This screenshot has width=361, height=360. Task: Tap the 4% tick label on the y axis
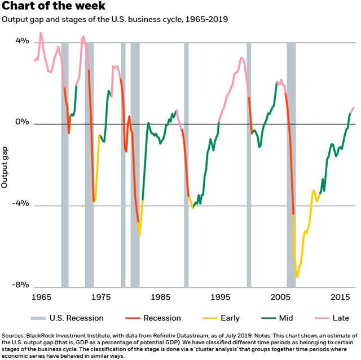point(22,42)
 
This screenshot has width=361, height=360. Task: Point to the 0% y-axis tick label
point(22,123)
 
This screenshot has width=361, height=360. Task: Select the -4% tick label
point(21,205)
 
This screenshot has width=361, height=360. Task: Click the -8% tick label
point(21,286)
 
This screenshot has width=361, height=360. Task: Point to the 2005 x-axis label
point(280,296)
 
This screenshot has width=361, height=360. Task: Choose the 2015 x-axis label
point(339,296)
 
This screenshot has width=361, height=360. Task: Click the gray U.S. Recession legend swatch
point(38,318)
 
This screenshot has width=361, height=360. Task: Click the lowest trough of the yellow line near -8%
point(297,277)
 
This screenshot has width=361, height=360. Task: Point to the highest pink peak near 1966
point(41,33)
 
